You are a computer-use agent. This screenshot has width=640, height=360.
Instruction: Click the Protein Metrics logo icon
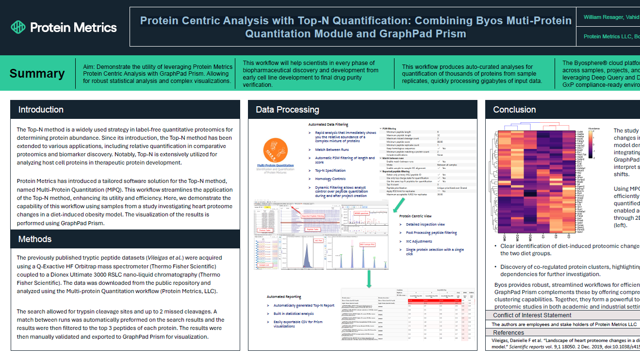(x=18, y=27)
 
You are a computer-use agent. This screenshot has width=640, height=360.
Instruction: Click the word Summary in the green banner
(x=37, y=74)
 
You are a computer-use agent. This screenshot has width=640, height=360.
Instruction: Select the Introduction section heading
(x=41, y=110)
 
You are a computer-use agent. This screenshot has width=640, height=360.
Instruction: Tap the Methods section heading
(x=35, y=239)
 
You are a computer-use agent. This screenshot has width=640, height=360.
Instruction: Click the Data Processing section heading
(x=287, y=110)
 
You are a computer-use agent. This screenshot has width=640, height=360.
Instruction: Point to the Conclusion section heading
(x=515, y=110)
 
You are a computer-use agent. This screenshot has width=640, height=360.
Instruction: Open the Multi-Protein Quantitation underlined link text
(x=276, y=166)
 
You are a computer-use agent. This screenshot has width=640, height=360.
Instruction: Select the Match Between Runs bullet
(x=332, y=149)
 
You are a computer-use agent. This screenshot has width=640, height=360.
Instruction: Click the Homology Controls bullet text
(x=330, y=179)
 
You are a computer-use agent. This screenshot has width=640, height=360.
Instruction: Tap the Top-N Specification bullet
(x=330, y=170)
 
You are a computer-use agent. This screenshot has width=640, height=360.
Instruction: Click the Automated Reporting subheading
(x=284, y=296)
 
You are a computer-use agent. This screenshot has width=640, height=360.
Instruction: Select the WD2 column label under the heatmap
(x=518, y=238)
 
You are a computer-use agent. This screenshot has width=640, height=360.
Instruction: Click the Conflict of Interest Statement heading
(x=525, y=315)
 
